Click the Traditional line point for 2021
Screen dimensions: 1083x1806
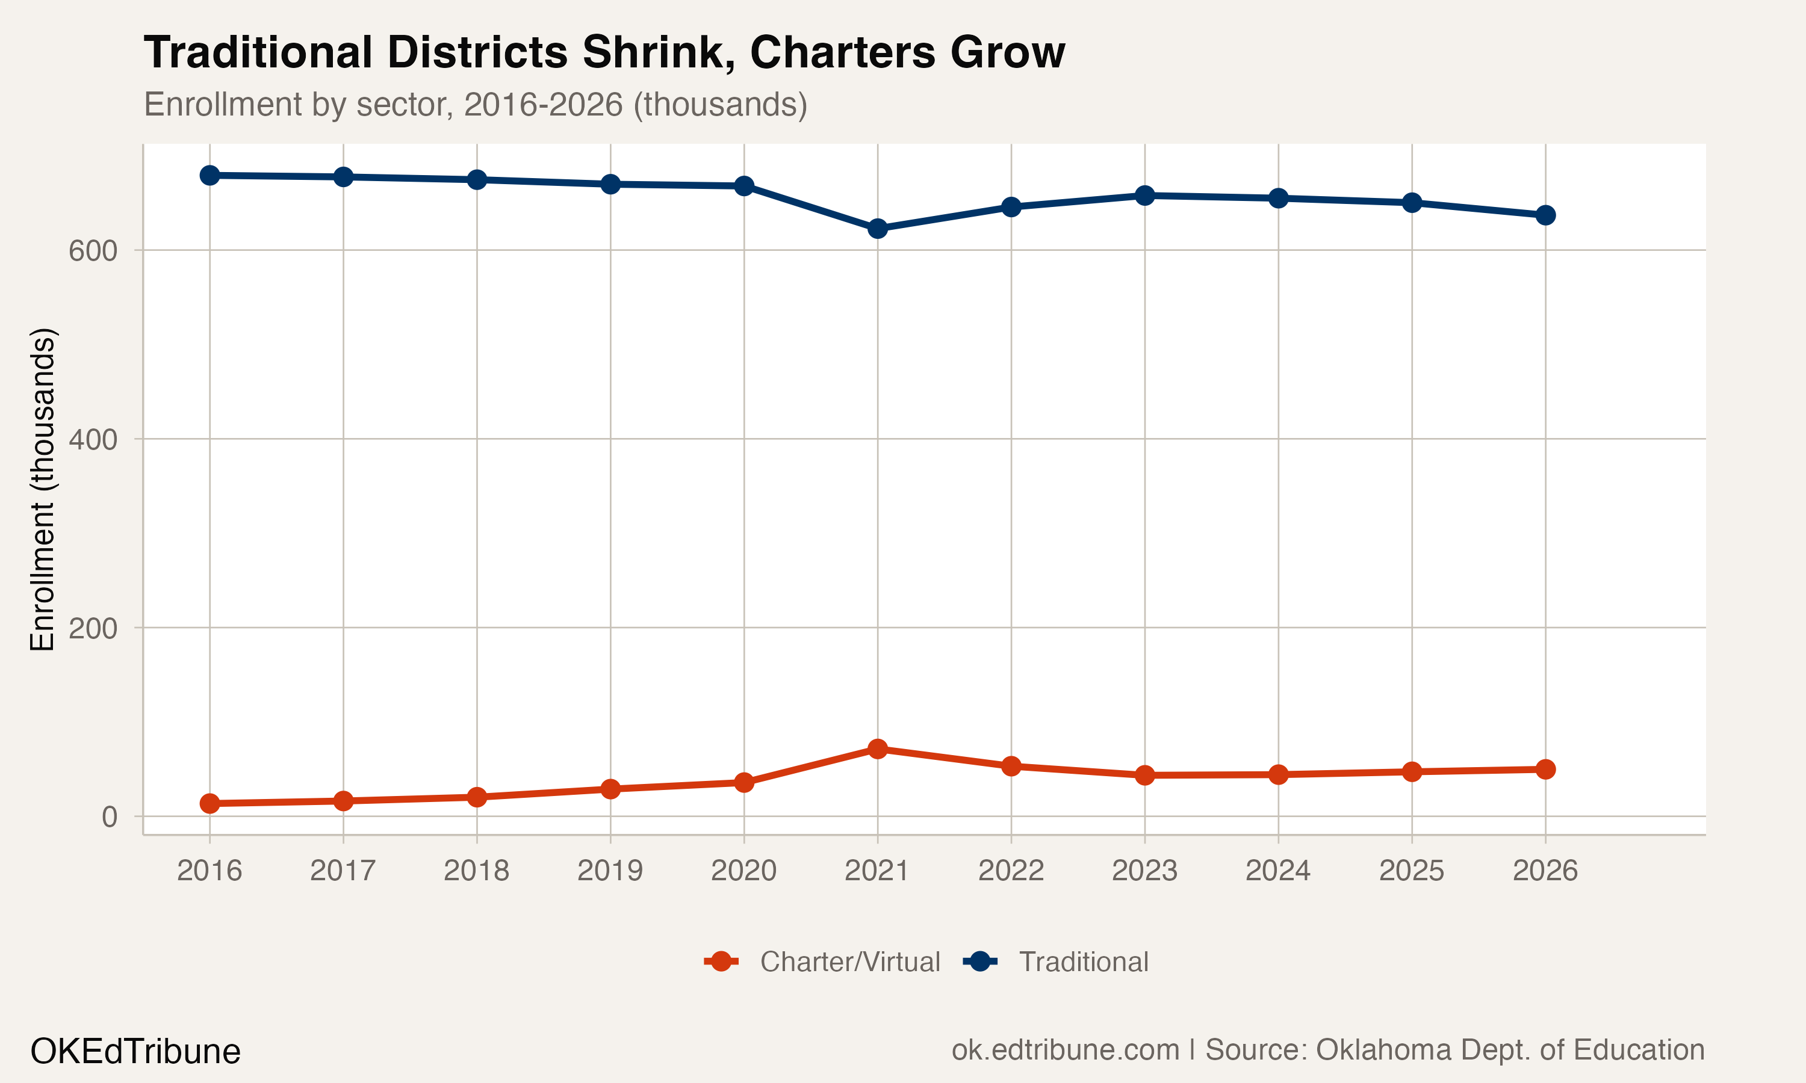click(x=878, y=229)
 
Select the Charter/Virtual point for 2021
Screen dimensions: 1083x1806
click(x=878, y=748)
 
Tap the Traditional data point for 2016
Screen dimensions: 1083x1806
click(x=209, y=175)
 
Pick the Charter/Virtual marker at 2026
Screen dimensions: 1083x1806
click(x=1545, y=769)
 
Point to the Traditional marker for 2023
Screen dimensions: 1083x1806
click(x=1144, y=196)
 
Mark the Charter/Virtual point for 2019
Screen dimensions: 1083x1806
click(x=610, y=789)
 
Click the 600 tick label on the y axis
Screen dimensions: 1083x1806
click(x=93, y=251)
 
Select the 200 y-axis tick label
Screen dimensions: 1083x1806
click(x=93, y=628)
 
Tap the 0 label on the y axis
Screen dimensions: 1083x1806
click(x=110, y=817)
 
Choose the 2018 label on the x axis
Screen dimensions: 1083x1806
click(x=476, y=871)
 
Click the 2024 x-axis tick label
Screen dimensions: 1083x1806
click(x=1277, y=871)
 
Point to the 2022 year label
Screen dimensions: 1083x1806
click(x=1010, y=871)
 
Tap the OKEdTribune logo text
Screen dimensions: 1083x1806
click(x=135, y=1052)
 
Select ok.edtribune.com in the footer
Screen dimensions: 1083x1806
click(x=1065, y=1050)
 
